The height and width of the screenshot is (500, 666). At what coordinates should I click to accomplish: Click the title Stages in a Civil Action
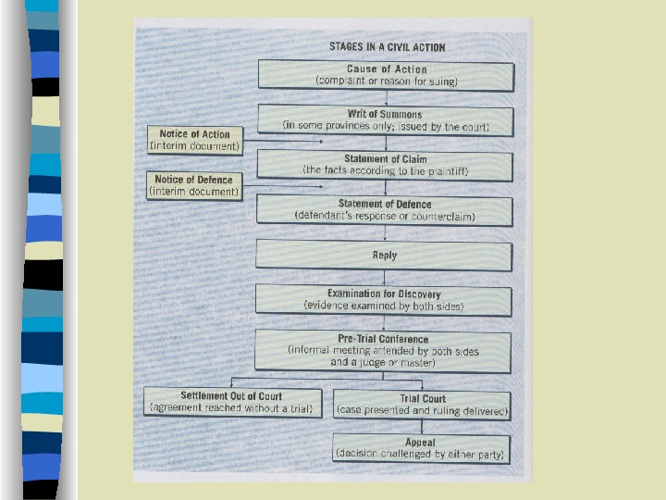pyautogui.click(x=387, y=46)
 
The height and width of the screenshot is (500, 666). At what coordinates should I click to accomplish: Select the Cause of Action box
pyautogui.click(x=386, y=75)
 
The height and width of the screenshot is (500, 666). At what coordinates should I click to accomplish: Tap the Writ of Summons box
pyautogui.click(x=385, y=120)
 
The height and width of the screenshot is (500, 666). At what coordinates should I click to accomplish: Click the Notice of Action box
pyautogui.click(x=194, y=140)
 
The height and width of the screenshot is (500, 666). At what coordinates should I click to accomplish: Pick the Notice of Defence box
pyautogui.click(x=194, y=185)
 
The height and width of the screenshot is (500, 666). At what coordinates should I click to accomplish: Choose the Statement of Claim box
pyautogui.click(x=385, y=165)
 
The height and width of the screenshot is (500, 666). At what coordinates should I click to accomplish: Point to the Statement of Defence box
pyautogui.click(x=384, y=210)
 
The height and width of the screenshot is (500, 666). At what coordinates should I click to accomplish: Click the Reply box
pyautogui.click(x=384, y=256)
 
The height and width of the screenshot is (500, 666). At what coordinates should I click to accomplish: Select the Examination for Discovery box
pyautogui.click(x=384, y=300)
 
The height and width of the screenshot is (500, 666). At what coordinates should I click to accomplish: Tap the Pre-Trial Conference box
pyautogui.click(x=384, y=351)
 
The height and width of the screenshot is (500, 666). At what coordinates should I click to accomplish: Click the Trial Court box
pyautogui.click(x=423, y=405)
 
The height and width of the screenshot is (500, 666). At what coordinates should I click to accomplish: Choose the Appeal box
pyautogui.click(x=421, y=449)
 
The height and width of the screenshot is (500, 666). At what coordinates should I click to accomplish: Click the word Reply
pyautogui.click(x=385, y=256)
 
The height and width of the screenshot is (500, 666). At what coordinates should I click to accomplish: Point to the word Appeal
pyautogui.click(x=420, y=443)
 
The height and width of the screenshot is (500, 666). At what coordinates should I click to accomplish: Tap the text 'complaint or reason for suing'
pyautogui.click(x=387, y=81)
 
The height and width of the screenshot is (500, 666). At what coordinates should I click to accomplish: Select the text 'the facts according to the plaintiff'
pyautogui.click(x=385, y=170)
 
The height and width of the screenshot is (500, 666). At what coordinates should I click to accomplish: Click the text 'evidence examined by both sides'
pyautogui.click(x=383, y=306)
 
